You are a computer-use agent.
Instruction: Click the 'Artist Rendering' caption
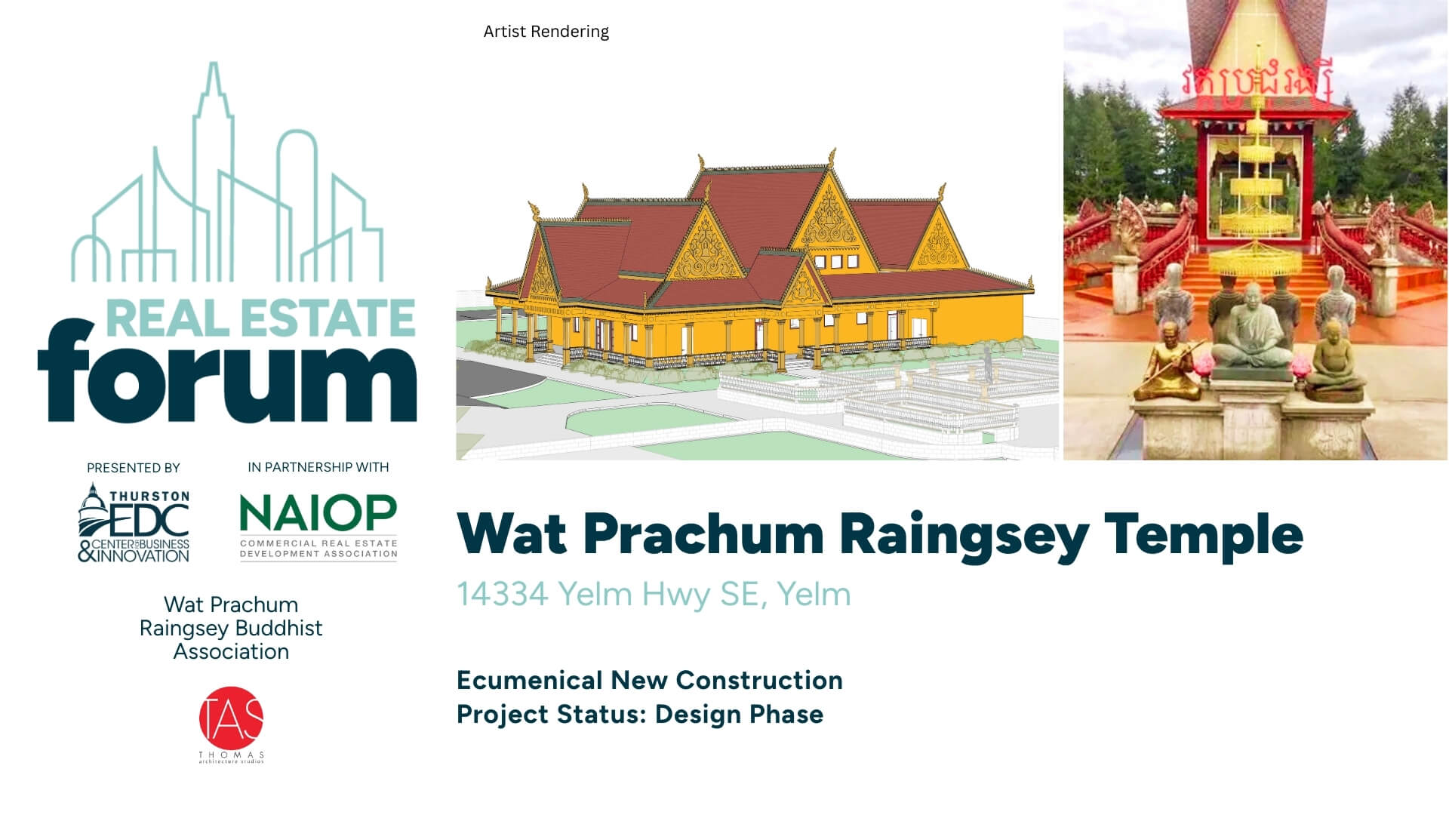point(546,32)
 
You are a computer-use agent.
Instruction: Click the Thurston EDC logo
point(134,523)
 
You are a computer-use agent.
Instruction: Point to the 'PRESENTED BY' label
point(134,468)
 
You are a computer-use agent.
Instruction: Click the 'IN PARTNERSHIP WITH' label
point(318,467)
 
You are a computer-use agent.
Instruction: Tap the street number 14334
point(502,594)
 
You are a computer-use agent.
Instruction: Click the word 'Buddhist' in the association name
point(279,628)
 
